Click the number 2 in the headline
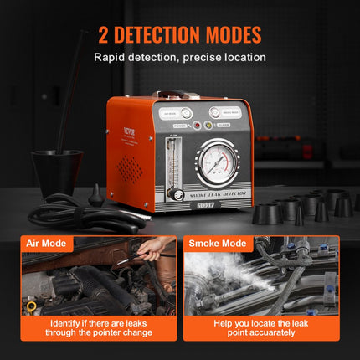[103, 35]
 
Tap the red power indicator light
[196, 126]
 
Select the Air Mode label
[48, 244]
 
